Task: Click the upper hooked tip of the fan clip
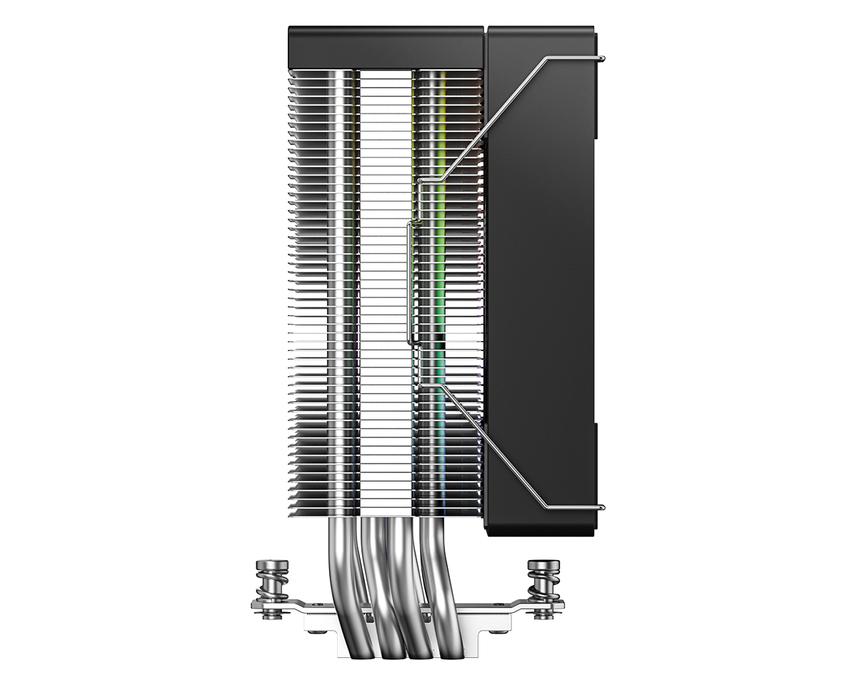(604, 58)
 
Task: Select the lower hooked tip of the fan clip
(604, 507)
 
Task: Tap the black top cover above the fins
(386, 47)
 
